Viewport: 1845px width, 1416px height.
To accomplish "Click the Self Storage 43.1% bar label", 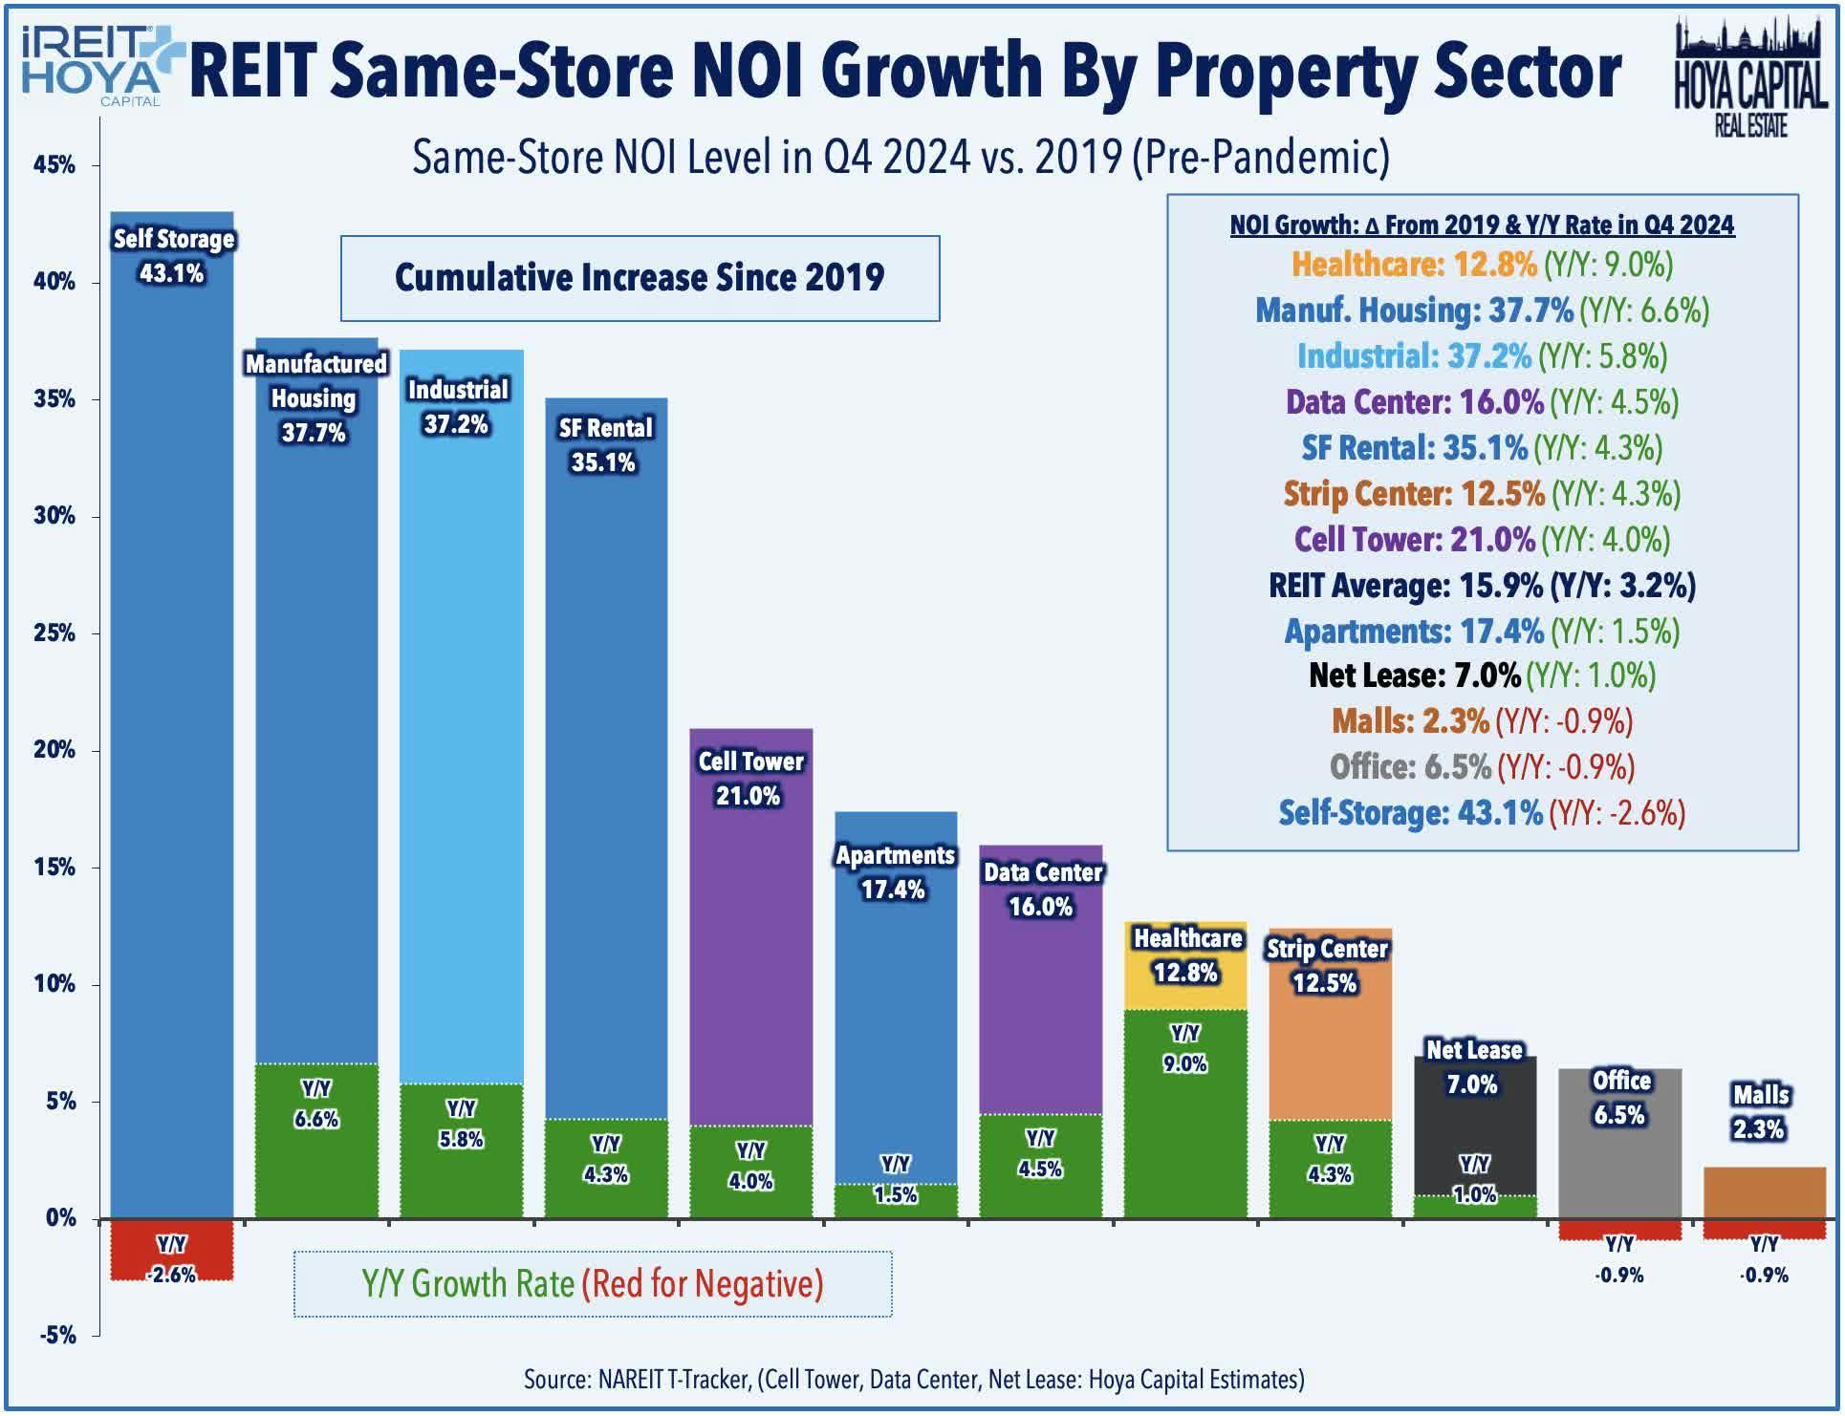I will coord(172,256).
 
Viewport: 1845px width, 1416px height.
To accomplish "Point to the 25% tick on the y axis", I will coord(54,633).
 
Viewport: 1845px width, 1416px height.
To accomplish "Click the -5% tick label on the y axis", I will coord(57,1335).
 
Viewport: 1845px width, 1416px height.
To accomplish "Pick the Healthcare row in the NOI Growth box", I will coord(1482,265).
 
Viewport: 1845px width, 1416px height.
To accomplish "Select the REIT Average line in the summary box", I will coord(1482,586).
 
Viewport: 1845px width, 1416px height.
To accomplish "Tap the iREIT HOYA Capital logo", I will coord(91,65).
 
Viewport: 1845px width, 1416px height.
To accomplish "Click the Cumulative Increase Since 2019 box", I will coord(640,278).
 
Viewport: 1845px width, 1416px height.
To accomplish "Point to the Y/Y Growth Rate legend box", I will coord(593,1283).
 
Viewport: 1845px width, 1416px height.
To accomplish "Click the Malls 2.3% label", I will coord(1761,1111).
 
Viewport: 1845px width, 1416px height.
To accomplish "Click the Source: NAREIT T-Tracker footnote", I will coord(913,1379).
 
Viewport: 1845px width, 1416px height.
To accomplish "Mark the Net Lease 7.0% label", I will coord(1474,1067).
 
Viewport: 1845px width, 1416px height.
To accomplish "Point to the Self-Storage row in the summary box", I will coord(1482,813).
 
